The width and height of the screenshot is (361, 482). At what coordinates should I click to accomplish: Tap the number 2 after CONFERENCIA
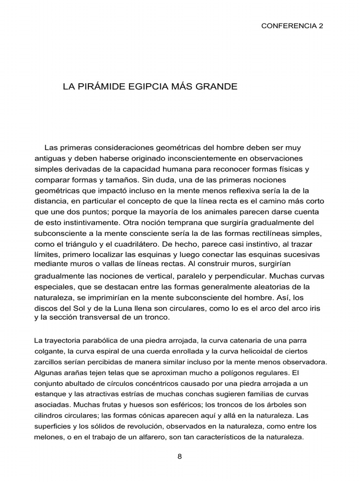pos(321,26)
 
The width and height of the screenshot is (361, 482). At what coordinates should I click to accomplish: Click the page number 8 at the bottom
pos(180,457)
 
